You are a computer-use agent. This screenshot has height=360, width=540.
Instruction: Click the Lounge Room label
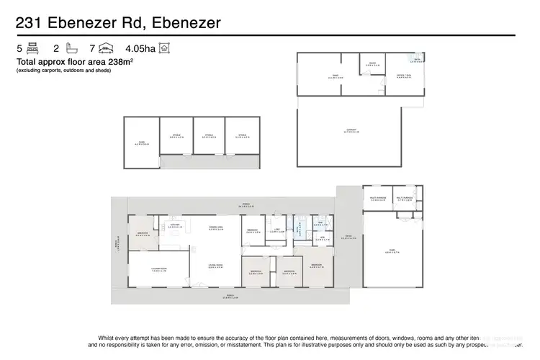pos(159,269)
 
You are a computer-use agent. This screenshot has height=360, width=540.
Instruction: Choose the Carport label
pos(348,130)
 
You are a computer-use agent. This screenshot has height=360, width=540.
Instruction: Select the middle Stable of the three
pos(209,135)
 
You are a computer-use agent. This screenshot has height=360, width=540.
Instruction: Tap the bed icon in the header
pos(32,49)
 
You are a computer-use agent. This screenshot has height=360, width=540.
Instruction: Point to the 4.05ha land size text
pos(140,49)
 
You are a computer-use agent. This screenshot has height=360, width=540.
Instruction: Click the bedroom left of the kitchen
pos(142,233)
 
